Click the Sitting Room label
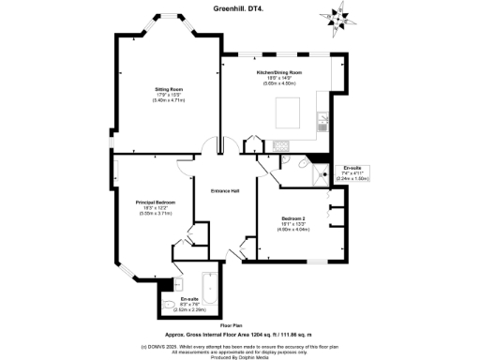[x=169, y=89]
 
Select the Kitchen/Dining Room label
[x=279, y=72]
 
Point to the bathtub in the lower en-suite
[x=209, y=292]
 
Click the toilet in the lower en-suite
[x=169, y=304]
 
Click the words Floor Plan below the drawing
[x=240, y=325]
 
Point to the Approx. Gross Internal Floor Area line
[x=240, y=334]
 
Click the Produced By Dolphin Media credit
[x=240, y=356]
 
